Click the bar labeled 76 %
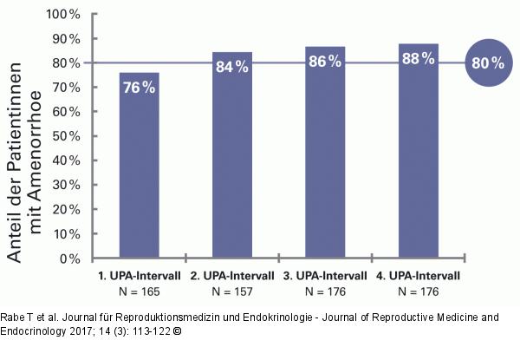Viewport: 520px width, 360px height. tap(140, 165)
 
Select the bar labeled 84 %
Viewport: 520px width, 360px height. tap(232, 154)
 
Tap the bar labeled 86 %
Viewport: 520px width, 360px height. tap(325, 152)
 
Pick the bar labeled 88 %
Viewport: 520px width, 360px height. tap(419, 151)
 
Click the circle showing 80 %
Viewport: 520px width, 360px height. tap(488, 63)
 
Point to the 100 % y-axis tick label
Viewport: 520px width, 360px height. tap(63, 15)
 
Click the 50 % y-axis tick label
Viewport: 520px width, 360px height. tap(67, 136)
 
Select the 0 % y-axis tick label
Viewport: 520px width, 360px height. tap(70, 259)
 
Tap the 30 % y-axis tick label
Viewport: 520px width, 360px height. tap(67, 185)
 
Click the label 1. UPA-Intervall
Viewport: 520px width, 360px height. tap(140, 276)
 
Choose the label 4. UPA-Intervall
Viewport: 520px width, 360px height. tap(419, 276)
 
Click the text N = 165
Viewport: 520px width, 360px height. tap(140, 291)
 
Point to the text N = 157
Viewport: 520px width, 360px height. tap(232, 291)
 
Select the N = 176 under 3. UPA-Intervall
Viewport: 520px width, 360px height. tap(325, 291)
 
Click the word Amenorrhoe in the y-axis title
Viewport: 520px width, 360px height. tap(36, 162)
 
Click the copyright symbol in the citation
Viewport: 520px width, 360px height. tap(178, 331)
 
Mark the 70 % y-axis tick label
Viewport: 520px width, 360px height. tap(67, 88)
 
